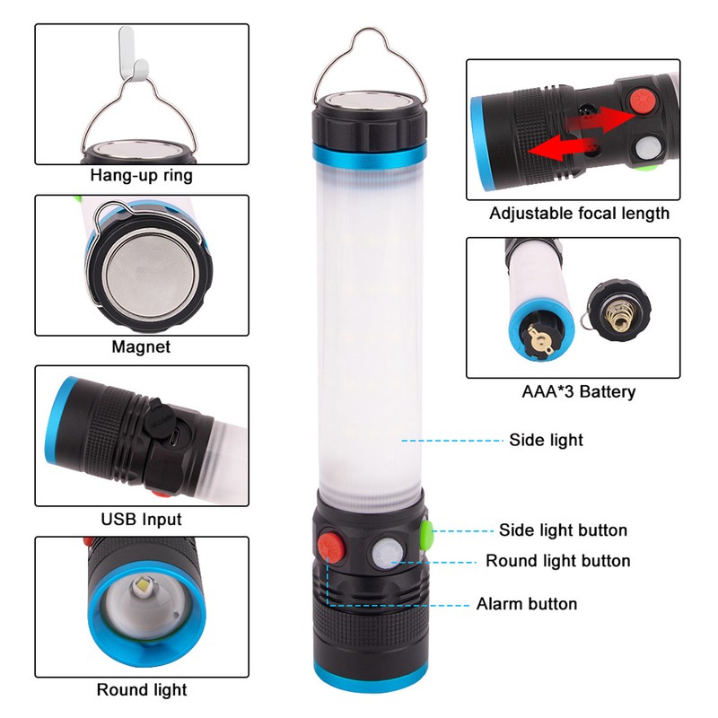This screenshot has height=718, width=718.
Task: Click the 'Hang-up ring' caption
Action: click(142, 176)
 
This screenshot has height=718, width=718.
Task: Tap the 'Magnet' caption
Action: click(141, 346)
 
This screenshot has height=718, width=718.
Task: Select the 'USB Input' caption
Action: click(142, 519)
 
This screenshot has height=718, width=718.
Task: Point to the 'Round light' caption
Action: click(142, 689)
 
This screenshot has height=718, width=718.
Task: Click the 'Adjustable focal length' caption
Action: click(579, 213)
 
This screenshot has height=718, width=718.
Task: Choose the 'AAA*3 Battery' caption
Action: click(579, 391)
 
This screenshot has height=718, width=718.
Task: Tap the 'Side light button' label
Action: click(563, 530)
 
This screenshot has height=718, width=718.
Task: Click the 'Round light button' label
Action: click(557, 561)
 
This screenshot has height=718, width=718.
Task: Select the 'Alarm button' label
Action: click(527, 604)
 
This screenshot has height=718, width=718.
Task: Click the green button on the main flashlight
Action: click(425, 535)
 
